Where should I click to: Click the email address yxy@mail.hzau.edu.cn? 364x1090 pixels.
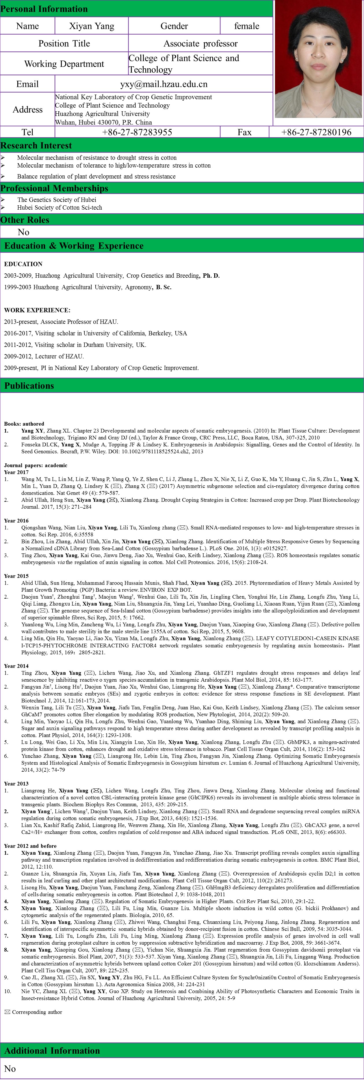(x=164, y=84)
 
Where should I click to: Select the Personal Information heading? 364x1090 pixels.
(x=44, y=9)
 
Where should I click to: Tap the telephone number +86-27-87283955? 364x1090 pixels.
(x=137, y=132)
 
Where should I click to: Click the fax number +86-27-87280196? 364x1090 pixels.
(x=316, y=132)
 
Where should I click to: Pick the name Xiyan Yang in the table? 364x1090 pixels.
(x=92, y=26)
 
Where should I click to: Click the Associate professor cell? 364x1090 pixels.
(x=200, y=44)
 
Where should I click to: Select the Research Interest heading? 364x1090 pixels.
(x=36, y=146)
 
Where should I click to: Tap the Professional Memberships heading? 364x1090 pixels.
(x=54, y=188)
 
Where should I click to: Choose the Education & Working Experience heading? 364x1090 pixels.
(x=74, y=246)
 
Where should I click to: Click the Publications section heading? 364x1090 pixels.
(x=29, y=386)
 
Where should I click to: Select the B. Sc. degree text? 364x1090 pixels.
(x=164, y=287)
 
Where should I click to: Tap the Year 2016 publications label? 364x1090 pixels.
(x=16, y=521)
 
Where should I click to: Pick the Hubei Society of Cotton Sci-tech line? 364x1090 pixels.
(x=59, y=208)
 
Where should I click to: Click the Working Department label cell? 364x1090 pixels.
(x=64, y=64)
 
